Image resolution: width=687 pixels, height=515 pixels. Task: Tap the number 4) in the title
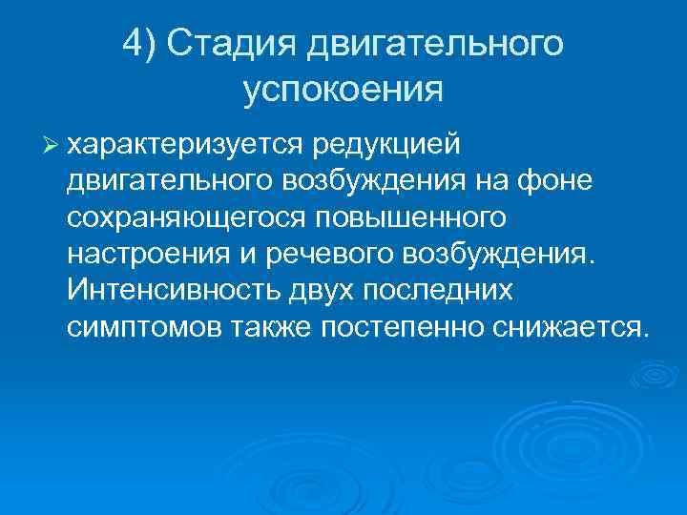tap(143, 44)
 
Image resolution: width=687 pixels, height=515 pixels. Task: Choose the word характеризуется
tap(183, 144)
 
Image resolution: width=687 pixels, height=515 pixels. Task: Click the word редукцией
tap(383, 144)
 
